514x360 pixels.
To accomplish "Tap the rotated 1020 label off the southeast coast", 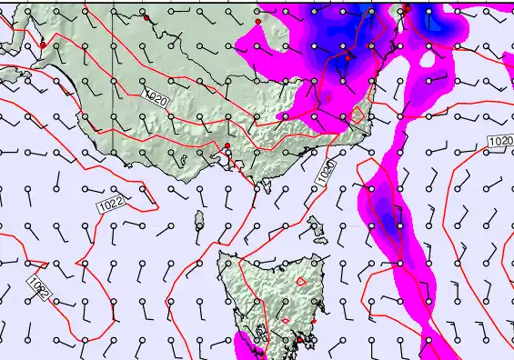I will [x=328, y=170].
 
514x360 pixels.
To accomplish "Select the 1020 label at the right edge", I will [x=499, y=142].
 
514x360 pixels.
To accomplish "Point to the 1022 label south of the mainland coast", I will [x=111, y=205].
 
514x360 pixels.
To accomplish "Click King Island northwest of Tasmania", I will [x=200, y=220].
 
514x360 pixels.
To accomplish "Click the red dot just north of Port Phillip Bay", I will [x=227, y=145].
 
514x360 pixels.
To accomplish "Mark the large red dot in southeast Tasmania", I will [x=300, y=340].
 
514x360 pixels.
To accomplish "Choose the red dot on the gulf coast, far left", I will [x=42, y=45].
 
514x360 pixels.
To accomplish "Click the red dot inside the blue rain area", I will [x=347, y=57].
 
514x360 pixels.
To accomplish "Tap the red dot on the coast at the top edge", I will [x=407, y=8].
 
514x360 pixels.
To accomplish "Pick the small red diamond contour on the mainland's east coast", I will [x=359, y=115].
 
